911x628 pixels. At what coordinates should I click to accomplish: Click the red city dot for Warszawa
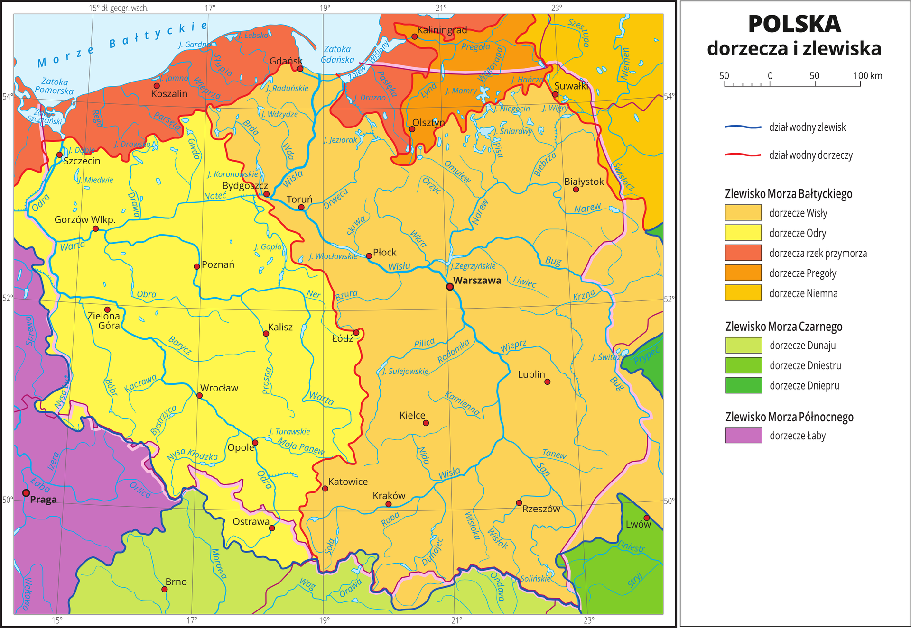pos(450,286)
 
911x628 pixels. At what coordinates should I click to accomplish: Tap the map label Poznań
pos(218,264)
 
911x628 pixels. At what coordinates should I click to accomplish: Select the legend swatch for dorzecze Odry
pos(743,233)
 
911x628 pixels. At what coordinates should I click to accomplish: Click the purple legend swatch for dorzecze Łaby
pos(743,435)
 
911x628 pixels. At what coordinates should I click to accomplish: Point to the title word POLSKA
pos(794,25)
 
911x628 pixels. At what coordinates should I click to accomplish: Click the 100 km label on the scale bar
pos(868,76)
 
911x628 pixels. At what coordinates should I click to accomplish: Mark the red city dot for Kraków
pos(389,504)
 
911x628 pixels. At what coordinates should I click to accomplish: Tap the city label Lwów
pos(638,524)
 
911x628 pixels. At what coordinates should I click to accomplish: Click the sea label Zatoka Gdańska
pos(337,55)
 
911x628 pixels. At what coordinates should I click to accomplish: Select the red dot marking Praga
pos(26,493)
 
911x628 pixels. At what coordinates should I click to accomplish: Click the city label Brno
pos(176,582)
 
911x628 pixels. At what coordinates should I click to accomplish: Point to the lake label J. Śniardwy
pos(513,131)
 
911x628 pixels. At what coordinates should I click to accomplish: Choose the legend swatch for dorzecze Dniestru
pos(743,365)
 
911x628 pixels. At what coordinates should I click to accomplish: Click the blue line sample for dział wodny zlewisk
pos(743,127)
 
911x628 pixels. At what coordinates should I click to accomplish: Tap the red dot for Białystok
pos(576,189)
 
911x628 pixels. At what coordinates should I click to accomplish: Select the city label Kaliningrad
pos(442,30)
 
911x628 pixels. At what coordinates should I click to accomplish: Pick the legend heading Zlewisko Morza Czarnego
pos(783,327)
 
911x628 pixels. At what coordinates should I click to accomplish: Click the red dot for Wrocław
pos(199,395)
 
